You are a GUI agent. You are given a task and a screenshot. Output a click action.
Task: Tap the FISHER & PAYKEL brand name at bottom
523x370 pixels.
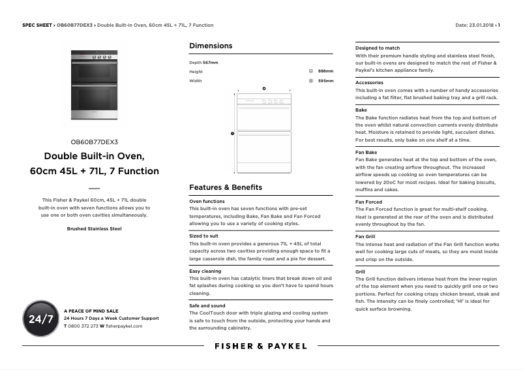[x=261, y=347]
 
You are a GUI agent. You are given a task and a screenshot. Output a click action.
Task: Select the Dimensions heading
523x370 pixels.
[x=211, y=46]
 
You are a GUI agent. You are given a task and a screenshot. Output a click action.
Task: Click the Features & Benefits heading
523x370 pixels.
[x=226, y=187]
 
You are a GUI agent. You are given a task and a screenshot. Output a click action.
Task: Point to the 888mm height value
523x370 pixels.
[x=325, y=71]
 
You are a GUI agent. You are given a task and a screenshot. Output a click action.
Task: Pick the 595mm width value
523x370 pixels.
[x=325, y=81]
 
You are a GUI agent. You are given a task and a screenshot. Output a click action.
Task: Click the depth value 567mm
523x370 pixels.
[x=211, y=62]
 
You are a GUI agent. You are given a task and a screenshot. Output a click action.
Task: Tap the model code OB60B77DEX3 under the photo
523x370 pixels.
[x=94, y=142]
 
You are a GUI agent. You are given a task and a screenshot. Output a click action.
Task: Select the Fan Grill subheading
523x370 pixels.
[x=365, y=236]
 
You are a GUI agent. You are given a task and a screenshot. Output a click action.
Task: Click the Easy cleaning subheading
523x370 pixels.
[x=205, y=271]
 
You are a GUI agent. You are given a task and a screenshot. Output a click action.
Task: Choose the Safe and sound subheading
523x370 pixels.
[x=207, y=305]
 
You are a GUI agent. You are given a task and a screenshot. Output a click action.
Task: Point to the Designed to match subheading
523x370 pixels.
[x=378, y=48]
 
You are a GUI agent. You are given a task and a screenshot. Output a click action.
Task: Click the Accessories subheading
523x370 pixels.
[x=369, y=83]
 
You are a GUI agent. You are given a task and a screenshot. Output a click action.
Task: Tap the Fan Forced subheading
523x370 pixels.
[x=368, y=202]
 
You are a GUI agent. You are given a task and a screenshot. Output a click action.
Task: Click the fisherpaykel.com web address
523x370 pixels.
[x=124, y=326]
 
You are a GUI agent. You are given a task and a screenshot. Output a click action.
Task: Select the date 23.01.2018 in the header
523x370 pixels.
[x=483, y=25]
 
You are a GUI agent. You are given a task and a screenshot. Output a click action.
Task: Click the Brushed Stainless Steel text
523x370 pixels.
[x=94, y=229]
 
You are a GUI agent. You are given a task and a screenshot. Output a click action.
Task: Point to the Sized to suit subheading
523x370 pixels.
[x=203, y=236]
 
